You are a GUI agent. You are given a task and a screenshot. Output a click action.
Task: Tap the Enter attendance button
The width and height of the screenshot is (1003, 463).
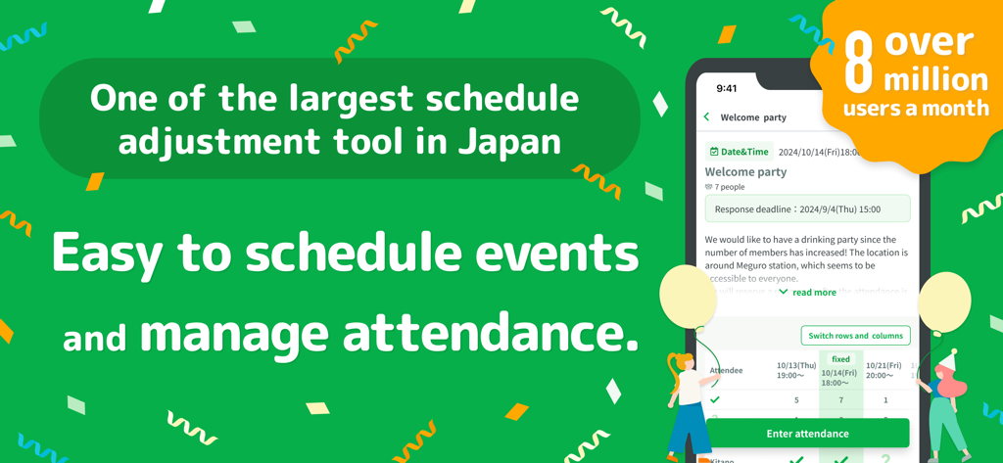[x=807, y=434]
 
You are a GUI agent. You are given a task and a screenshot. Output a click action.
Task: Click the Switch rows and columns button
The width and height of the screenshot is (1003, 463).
[x=855, y=336]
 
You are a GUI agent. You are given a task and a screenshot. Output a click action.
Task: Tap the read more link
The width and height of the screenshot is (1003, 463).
[x=814, y=293]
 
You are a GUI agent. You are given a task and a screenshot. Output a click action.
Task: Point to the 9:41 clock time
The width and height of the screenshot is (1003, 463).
[x=727, y=88]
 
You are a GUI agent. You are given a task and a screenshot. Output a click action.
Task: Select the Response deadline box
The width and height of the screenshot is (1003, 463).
[x=807, y=208]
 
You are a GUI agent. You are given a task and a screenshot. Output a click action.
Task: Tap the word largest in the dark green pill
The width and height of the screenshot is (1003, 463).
[x=358, y=98]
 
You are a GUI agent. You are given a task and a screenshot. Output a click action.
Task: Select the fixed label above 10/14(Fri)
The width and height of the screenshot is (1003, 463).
[x=840, y=359]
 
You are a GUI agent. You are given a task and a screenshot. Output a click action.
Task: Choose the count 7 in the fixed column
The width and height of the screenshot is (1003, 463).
[x=840, y=399]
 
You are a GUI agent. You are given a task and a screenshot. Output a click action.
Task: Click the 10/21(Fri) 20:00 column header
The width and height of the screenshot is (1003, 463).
[x=884, y=371]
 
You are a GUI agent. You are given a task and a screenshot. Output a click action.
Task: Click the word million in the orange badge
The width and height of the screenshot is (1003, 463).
[x=935, y=78]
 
